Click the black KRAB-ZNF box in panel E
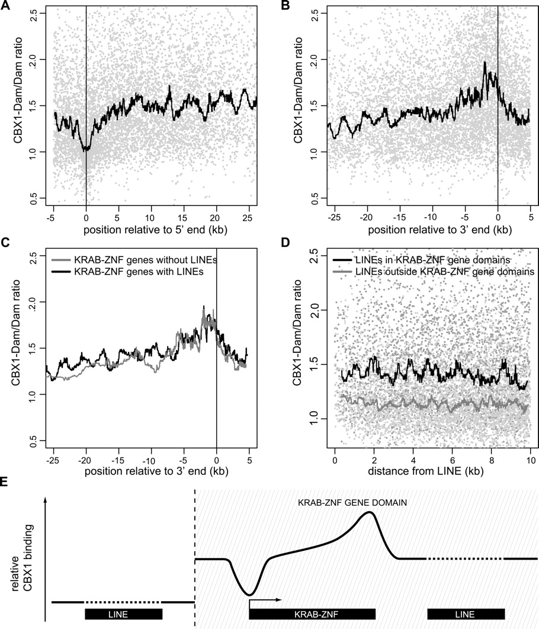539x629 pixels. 313,614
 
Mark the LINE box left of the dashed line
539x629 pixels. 124,614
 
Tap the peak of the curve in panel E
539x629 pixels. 370,513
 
